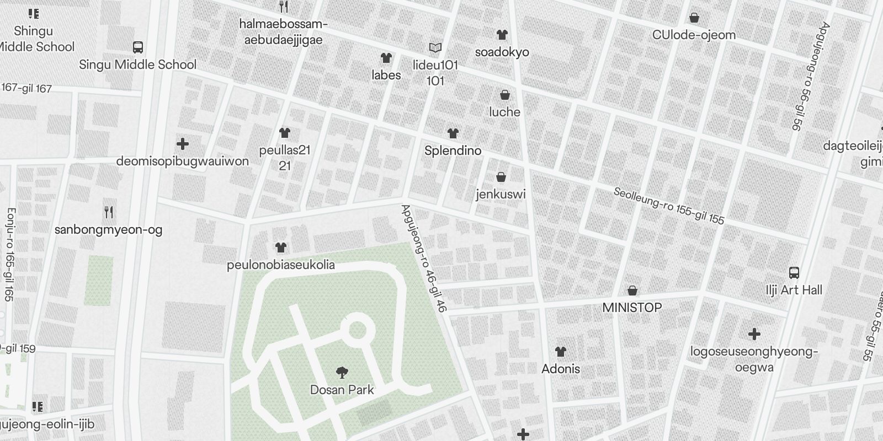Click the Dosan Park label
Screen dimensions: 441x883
pos(342,390)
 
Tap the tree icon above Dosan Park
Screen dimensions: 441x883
pos(342,373)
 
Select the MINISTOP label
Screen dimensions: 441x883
pos(632,308)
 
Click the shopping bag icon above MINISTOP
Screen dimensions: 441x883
pos(632,291)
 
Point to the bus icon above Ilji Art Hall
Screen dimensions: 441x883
pos(794,272)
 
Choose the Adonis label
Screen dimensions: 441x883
pos(561,369)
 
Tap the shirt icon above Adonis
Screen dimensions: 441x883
pos(561,352)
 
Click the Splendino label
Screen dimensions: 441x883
pos(453,150)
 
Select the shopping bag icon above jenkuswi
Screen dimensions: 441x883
pos(501,177)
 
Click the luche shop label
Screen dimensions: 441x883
pos(504,112)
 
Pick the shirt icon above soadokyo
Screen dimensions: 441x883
pos(502,35)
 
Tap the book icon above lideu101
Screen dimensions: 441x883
pos(435,48)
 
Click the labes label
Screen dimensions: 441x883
pos(386,75)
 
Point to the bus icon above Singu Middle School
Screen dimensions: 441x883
pos(138,47)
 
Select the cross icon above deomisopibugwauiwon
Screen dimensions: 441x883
pos(183,144)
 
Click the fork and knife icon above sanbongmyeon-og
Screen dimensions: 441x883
pos(109,212)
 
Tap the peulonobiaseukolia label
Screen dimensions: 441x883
pos(281,265)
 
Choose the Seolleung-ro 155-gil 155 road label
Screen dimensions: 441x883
pos(669,206)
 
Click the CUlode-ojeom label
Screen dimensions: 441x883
pos(694,35)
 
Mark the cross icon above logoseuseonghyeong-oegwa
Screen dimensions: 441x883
pos(754,334)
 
